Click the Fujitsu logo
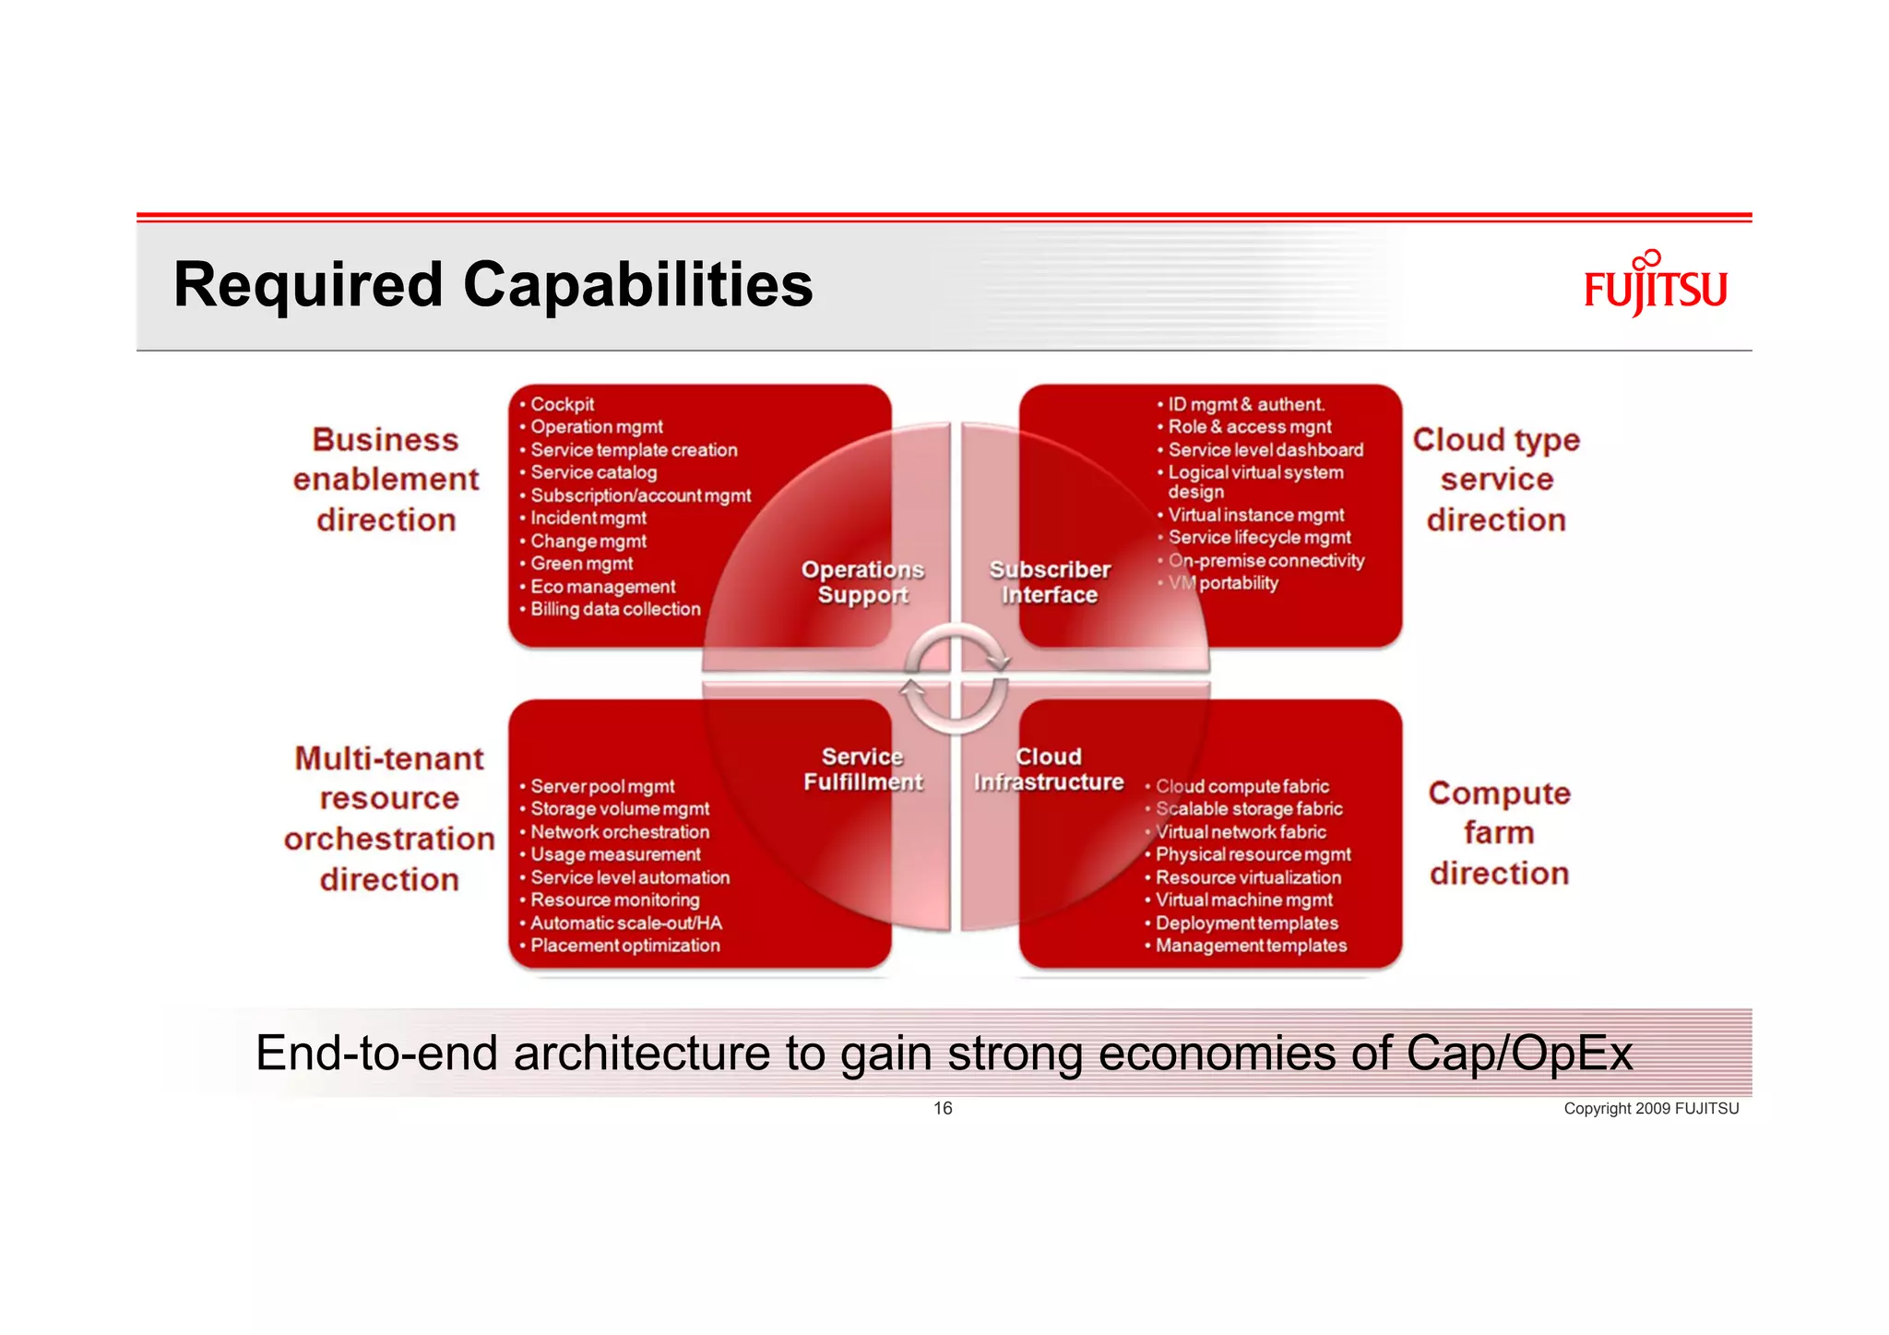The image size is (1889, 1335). point(1655,285)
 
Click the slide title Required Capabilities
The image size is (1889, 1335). point(493,285)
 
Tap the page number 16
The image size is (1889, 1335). point(943,1108)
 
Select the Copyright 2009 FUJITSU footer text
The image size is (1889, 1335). point(1650,1109)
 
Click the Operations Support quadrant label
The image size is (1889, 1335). point(862,582)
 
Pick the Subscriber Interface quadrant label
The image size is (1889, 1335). point(1050,582)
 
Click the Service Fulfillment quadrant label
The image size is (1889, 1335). point(862,769)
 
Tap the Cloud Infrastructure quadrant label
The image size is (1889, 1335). point(1049,769)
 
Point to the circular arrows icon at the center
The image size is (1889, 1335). point(956,679)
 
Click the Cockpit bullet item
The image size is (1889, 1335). point(562,404)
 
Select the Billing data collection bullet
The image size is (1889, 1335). point(615,609)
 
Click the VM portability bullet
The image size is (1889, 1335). point(1224,583)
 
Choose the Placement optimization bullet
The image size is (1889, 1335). point(624,946)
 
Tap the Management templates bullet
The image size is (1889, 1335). point(1251,946)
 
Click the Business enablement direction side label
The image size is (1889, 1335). point(386,480)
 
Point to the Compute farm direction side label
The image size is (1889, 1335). point(1499,833)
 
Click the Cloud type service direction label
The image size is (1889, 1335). point(1496,480)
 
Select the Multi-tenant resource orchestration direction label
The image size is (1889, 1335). point(389,818)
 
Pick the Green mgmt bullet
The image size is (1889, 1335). point(581,564)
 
